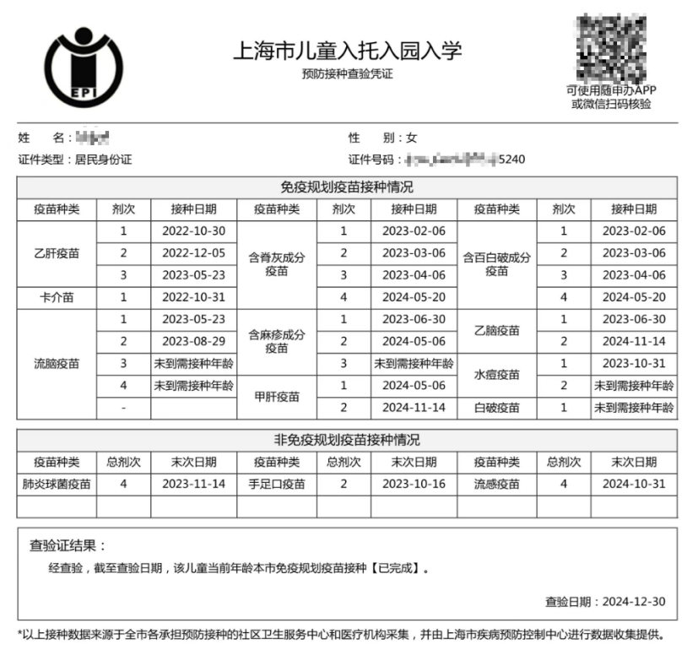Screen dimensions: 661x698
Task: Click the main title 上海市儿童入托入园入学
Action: click(348, 51)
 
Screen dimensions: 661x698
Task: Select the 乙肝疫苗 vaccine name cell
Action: click(57, 253)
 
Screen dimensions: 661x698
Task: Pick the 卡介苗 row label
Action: click(57, 297)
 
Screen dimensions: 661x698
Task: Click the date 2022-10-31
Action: click(193, 297)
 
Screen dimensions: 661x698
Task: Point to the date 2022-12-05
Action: click(193, 253)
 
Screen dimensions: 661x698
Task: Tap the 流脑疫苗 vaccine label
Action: click(57, 364)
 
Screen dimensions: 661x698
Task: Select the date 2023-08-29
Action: click(193, 342)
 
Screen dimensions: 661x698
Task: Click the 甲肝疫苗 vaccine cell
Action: click(276, 397)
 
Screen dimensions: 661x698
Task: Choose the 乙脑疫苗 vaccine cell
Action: click(497, 331)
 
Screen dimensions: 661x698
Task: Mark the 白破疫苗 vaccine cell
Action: click(497, 408)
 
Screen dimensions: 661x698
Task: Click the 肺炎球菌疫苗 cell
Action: click(57, 485)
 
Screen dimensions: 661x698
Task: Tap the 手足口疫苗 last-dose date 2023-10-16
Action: click(414, 485)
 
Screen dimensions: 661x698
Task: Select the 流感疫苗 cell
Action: click(497, 485)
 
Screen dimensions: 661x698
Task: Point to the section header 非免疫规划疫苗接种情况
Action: click(347, 441)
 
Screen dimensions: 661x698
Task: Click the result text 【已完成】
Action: click(393, 568)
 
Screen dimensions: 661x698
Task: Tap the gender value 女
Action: click(412, 138)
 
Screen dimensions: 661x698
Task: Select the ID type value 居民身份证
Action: click(104, 159)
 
